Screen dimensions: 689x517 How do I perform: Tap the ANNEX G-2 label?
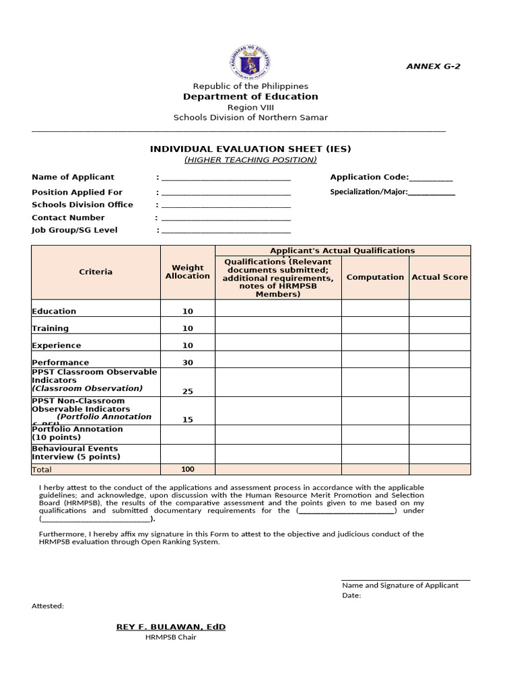coord(434,66)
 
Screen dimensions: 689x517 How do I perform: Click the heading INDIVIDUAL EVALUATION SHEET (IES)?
coord(250,149)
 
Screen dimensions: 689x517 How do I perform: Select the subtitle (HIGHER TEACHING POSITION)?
coord(250,159)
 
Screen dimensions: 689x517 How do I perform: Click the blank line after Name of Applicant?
coord(226,178)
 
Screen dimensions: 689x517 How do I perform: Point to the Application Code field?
coord(391,177)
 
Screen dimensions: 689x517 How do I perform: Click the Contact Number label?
coord(68,217)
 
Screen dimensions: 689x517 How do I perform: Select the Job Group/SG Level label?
coord(74,230)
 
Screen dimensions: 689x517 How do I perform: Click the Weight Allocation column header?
coord(187,272)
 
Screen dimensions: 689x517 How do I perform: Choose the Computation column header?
coord(375,277)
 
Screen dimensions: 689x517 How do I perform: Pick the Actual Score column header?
coord(440,277)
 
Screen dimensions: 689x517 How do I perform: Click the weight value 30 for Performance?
coord(187,363)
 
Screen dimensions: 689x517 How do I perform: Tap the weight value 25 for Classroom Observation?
coord(187,391)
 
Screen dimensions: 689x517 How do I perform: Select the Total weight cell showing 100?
coord(187,469)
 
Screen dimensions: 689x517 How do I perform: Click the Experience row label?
coord(57,345)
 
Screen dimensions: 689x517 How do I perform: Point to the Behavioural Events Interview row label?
coord(75,453)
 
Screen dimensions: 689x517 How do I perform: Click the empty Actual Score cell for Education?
coord(440,308)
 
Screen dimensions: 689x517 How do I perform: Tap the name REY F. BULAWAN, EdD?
coord(171,626)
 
